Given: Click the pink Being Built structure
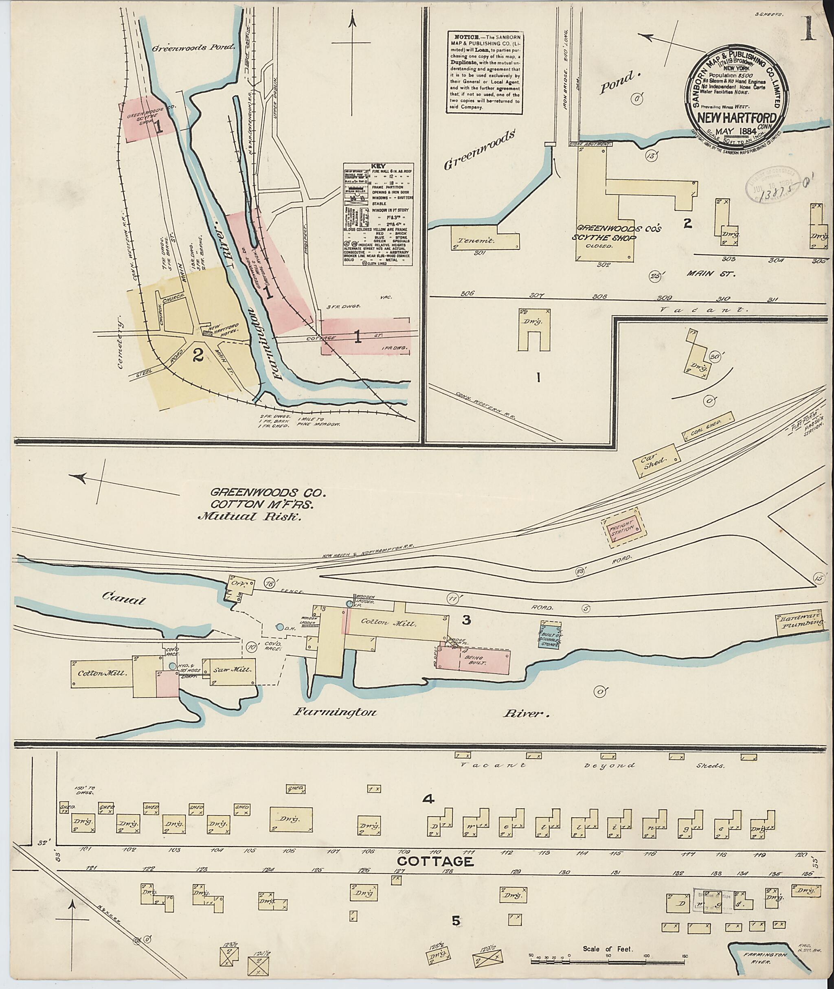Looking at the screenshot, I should click(x=473, y=660).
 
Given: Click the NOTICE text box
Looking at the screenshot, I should click(x=485, y=72).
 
